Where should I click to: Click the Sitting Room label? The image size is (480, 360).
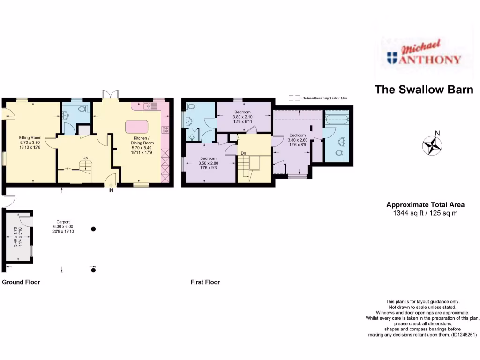(27, 138)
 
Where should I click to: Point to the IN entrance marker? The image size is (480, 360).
(111, 191)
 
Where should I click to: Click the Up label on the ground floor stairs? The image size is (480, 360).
(85, 157)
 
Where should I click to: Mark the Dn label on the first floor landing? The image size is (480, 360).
(243, 153)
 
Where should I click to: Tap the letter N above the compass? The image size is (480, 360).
(437, 133)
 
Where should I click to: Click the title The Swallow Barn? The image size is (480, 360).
(424, 90)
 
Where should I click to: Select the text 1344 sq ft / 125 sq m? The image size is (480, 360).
(425, 213)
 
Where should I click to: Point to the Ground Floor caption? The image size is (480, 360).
(21, 282)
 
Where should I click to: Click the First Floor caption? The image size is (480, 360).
(205, 282)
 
